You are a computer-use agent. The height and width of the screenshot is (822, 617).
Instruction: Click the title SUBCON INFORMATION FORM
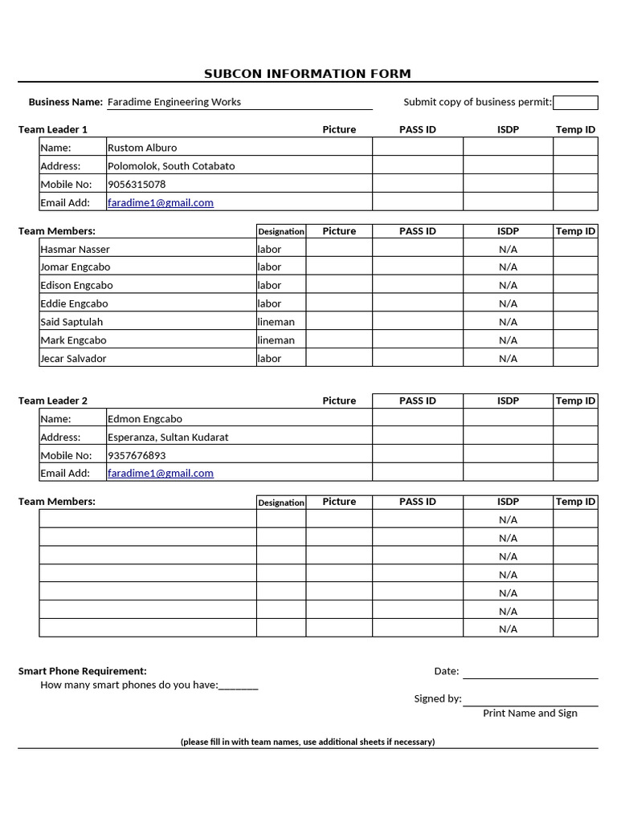click(307, 74)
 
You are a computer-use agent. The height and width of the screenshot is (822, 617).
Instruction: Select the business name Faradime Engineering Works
click(174, 102)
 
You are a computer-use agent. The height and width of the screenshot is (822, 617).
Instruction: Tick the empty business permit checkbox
click(575, 103)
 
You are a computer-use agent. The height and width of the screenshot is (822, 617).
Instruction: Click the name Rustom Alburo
click(142, 148)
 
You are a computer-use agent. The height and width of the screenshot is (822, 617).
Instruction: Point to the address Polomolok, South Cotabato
click(171, 166)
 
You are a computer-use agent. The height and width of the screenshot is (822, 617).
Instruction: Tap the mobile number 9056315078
click(137, 185)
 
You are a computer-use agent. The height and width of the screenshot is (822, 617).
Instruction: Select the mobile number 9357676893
click(137, 455)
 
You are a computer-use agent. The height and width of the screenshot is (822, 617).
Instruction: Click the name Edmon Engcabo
click(145, 419)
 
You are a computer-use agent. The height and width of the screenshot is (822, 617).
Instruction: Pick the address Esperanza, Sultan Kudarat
click(168, 437)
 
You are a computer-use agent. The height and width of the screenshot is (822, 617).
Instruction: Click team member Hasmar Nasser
click(76, 250)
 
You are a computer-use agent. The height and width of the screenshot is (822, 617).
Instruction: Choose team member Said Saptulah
click(72, 322)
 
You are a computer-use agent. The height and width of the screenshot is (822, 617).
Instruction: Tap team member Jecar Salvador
click(73, 359)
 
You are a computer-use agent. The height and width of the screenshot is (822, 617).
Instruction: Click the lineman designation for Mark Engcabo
click(276, 340)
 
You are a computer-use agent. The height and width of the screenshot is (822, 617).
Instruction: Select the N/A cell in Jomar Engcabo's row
click(508, 267)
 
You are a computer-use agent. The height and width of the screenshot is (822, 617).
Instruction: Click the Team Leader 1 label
click(53, 129)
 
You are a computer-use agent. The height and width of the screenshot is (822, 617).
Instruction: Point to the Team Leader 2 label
click(53, 401)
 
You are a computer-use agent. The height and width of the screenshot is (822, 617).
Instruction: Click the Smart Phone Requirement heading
click(83, 671)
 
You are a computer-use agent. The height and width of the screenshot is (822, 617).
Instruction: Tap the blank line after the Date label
click(530, 672)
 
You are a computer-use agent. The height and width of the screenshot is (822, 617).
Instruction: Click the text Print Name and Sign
click(530, 713)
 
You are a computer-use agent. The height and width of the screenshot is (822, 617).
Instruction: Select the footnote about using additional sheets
click(308, 742)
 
